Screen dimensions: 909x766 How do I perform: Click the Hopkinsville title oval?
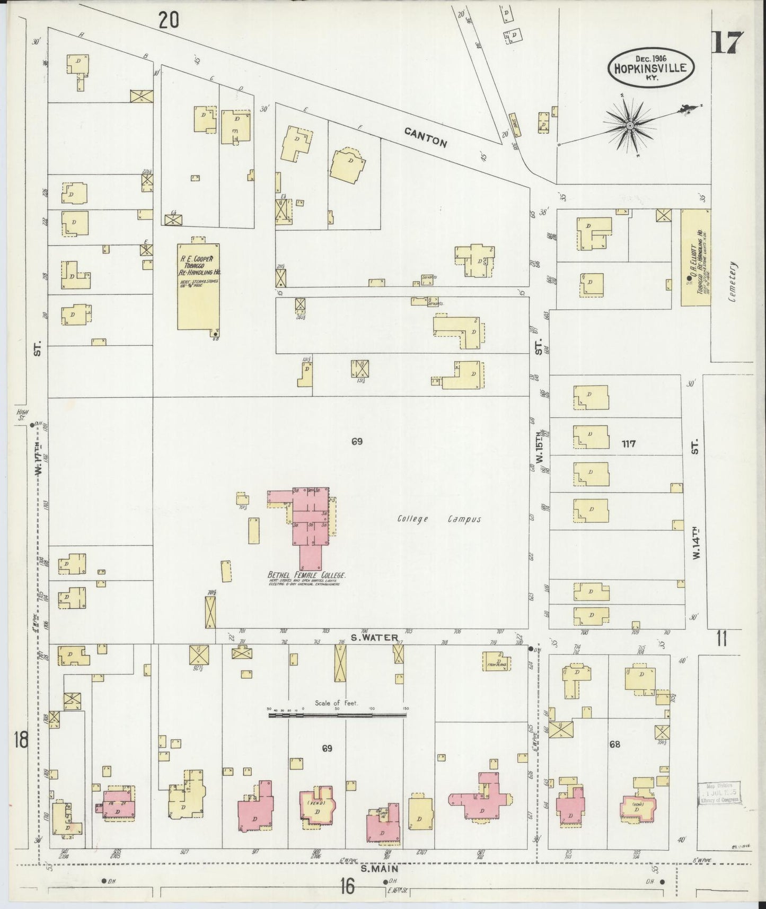tap(650, 67)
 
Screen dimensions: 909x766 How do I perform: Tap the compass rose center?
tap(629, 126)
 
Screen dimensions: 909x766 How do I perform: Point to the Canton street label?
tap(426, 137)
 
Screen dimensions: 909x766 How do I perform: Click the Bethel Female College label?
tap(307, 575)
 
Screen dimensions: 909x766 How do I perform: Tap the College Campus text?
tap(439, 519)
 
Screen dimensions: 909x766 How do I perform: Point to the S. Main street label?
tap(380, 868)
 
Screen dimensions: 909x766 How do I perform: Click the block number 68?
tap(614, 744)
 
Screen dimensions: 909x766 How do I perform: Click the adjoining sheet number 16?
tap(347, 885)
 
